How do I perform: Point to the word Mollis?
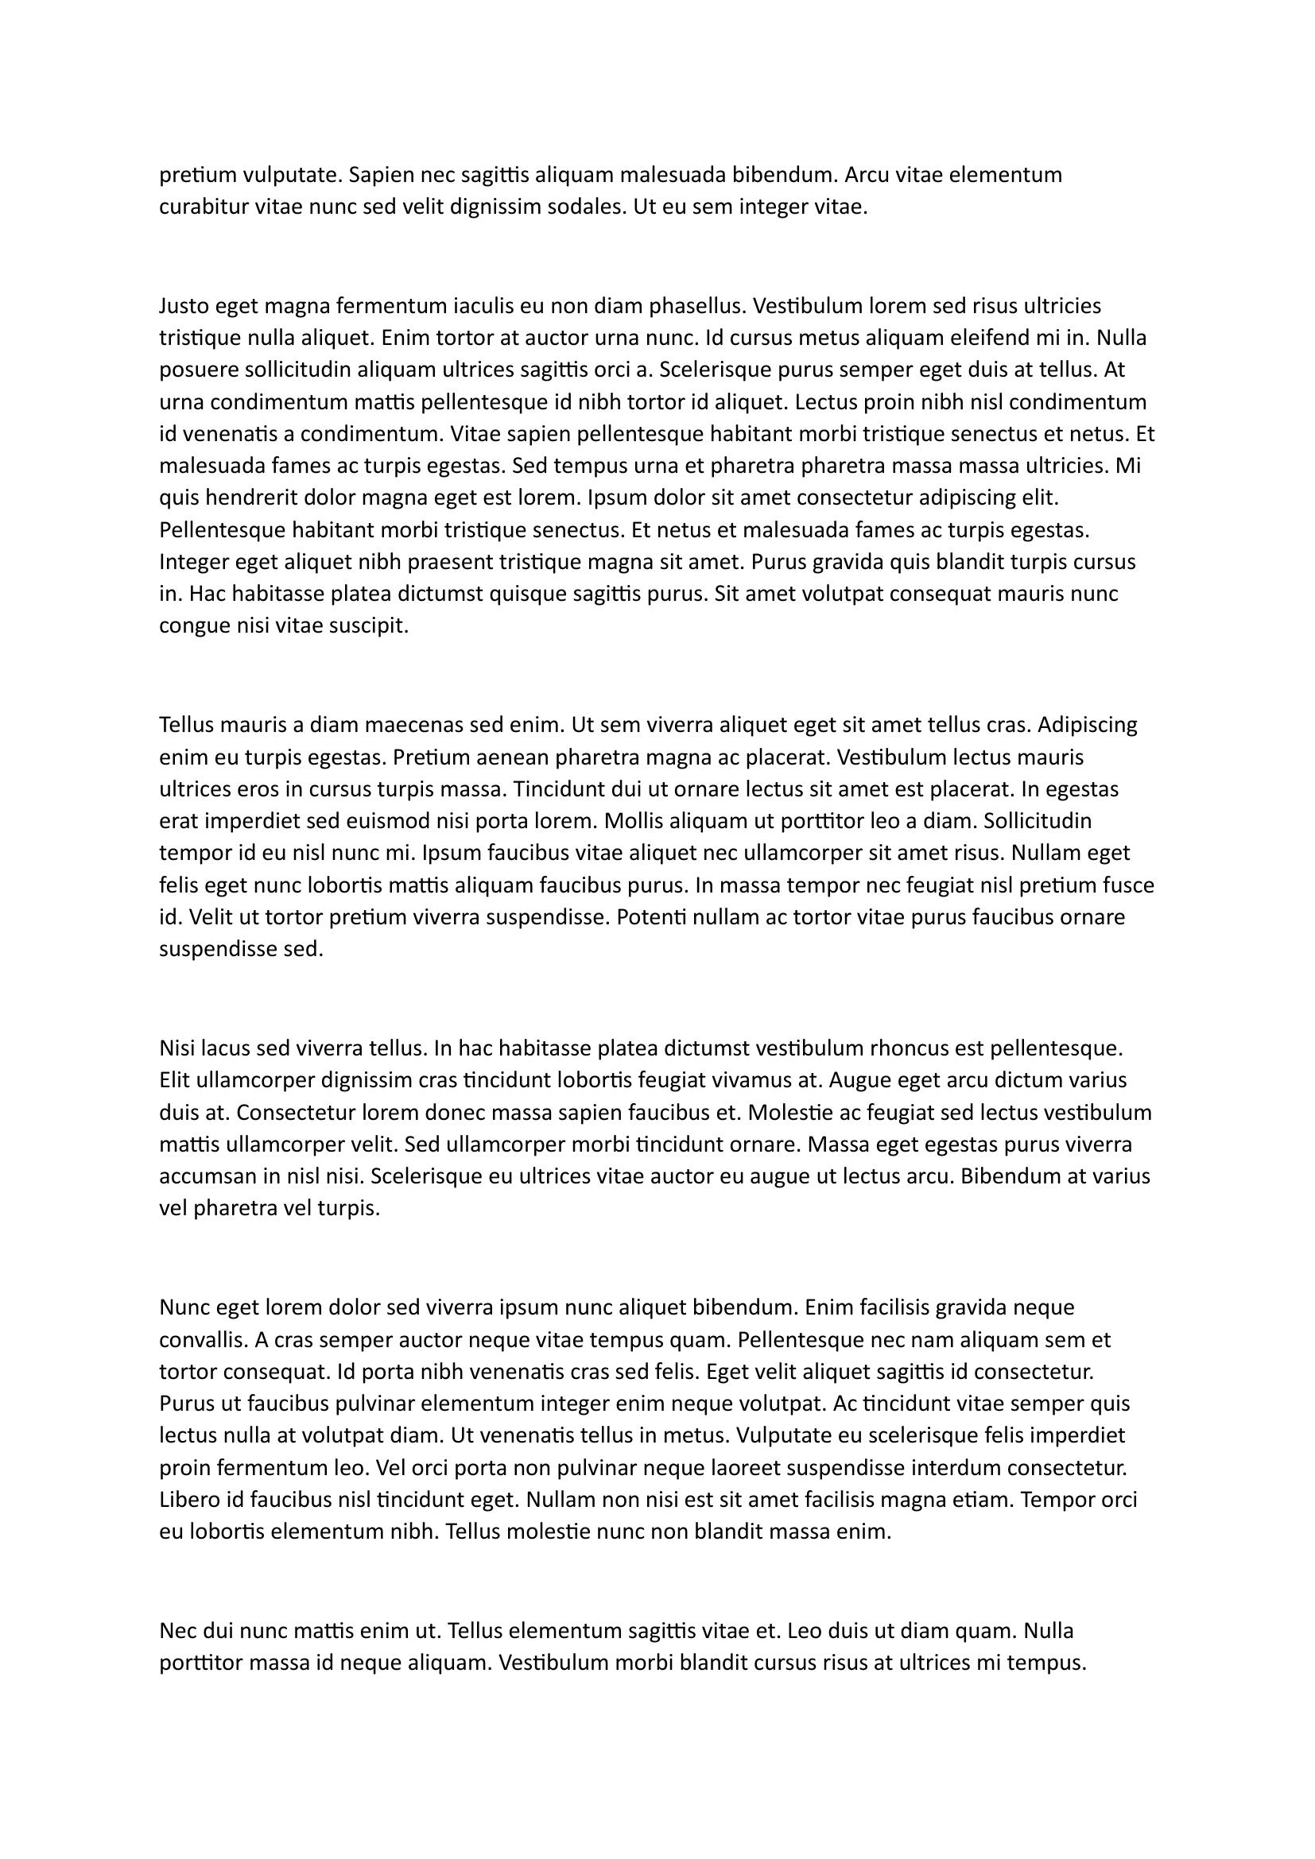click(x=632, y=821)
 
